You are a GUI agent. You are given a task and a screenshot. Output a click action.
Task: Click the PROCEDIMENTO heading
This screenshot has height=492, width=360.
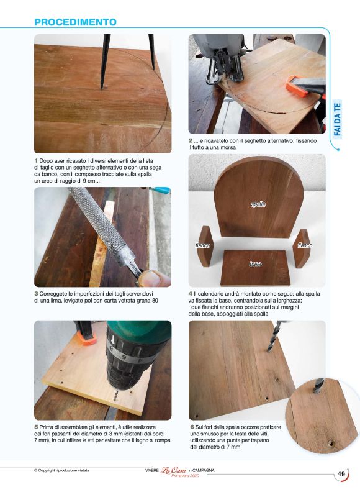[75, 22]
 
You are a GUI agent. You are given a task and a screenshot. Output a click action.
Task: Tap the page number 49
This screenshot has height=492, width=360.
[341, 474]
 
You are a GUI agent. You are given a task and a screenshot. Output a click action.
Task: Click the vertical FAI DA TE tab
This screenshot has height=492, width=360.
[337, 119]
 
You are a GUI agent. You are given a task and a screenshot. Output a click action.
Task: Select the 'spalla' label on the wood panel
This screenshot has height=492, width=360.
[258, 204]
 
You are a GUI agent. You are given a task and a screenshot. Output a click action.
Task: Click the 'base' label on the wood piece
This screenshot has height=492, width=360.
[255, 264]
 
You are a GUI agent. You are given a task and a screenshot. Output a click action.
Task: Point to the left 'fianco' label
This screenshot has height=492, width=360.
[202, 245]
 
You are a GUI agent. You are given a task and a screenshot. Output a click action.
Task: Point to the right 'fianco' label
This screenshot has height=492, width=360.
[305, 245]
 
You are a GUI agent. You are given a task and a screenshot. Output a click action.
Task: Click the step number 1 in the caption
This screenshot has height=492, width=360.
[36, 161]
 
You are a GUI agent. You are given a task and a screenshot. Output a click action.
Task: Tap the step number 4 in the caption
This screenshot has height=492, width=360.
[191, 294]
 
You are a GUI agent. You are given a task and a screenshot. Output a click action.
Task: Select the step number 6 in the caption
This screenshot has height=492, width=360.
[192, 427]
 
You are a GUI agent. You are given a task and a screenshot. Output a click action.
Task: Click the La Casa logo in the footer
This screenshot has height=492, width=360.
[173, 470]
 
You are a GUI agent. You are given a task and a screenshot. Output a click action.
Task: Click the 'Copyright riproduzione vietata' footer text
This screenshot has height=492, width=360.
[61, 470]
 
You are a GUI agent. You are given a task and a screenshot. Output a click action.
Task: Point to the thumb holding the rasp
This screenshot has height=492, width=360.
[154, 279]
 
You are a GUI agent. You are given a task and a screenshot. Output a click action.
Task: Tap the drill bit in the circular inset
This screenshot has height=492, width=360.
[319, 386]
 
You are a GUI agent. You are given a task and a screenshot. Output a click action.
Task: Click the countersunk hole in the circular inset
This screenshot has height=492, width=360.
[331, 444]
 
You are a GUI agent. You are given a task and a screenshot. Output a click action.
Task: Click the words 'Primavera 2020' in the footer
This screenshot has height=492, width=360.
[186, 476]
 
